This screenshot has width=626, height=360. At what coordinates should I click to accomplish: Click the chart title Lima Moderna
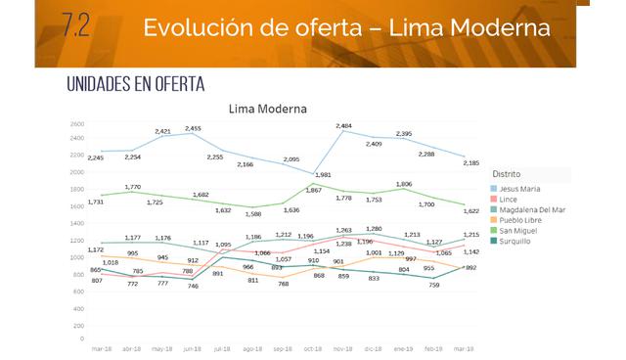267,109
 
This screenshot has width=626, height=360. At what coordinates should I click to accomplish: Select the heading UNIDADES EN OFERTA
135,84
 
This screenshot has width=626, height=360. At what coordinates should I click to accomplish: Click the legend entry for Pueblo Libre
522,219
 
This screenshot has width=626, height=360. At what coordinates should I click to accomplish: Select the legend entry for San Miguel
520,230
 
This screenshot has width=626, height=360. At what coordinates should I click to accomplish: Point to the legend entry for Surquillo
518,241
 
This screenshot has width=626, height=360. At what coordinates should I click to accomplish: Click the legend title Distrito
508,174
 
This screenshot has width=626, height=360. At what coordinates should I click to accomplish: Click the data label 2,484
342,126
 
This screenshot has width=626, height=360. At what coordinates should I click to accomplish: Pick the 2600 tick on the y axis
76,124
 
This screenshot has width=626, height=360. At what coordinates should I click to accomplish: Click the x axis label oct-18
313,347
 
